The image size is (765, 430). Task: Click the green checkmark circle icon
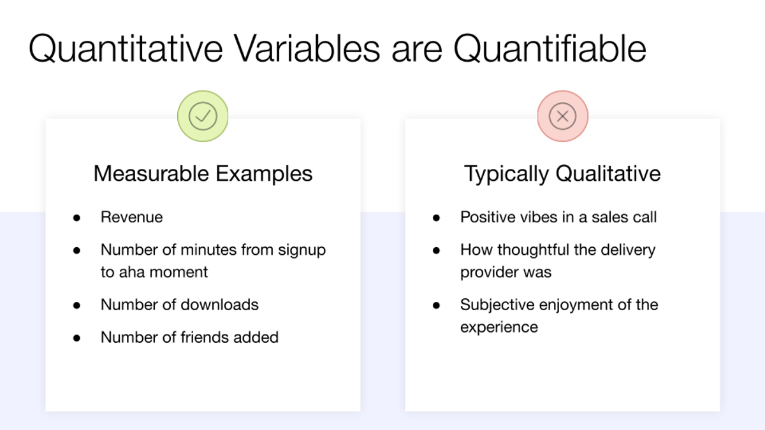click(x=203, y=116)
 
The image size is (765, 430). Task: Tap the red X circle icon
click(x=562, y=116)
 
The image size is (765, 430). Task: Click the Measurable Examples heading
click(x=203, y=173)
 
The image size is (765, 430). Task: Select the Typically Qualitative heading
click(x=562, y=173)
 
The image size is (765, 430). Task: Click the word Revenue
click(x=131, y=217)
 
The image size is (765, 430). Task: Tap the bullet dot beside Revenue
click(x=76, y=218)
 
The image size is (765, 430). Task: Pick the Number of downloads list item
click(x=179, y=305)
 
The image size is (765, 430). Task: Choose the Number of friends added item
click(x=189, y=337)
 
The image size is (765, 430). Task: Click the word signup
click(x=302, y=250)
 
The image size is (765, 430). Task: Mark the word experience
click(x=499, y=327)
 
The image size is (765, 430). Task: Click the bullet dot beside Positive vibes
click(x=436, y=218)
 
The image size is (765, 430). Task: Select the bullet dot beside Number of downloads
click(x=76, y=305)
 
